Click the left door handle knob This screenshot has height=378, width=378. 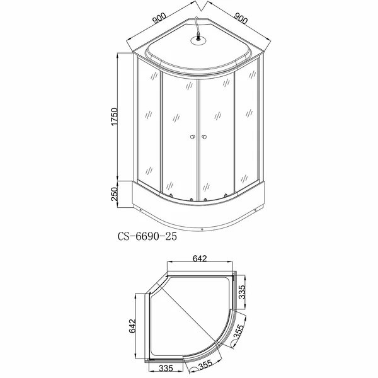(192, 137)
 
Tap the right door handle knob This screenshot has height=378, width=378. (205, 137)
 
